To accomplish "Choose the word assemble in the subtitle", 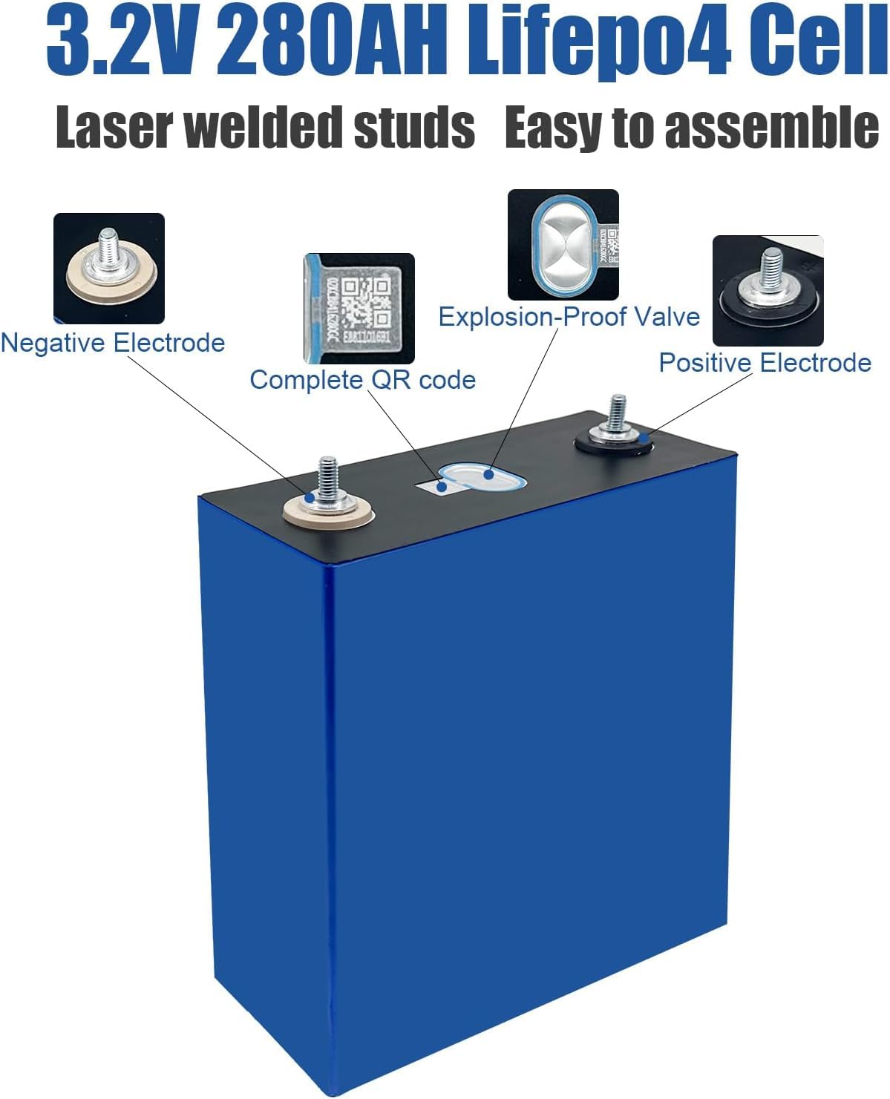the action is pyautogui.click(x=772, y=128).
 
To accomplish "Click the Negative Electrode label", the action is pyautogui.click(x=112, y=343).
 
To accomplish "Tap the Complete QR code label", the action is pyautogui.click(x=362, y=380).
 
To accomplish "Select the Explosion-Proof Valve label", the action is pyautogui.click(x=569, y=317).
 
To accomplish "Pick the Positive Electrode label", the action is pyautogui.click(x=765, y=363).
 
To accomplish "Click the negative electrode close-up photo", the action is pyautogui.click(x=109, y=268).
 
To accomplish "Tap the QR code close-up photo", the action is pyautogui.click(x=359, y=308).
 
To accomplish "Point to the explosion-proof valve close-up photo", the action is pyautogui.click(x=563, y=244).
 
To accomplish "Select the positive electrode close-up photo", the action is pyautogui.click(x=768, y=290).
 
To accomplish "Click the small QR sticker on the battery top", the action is pyautogui.click(x=432, y=486).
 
